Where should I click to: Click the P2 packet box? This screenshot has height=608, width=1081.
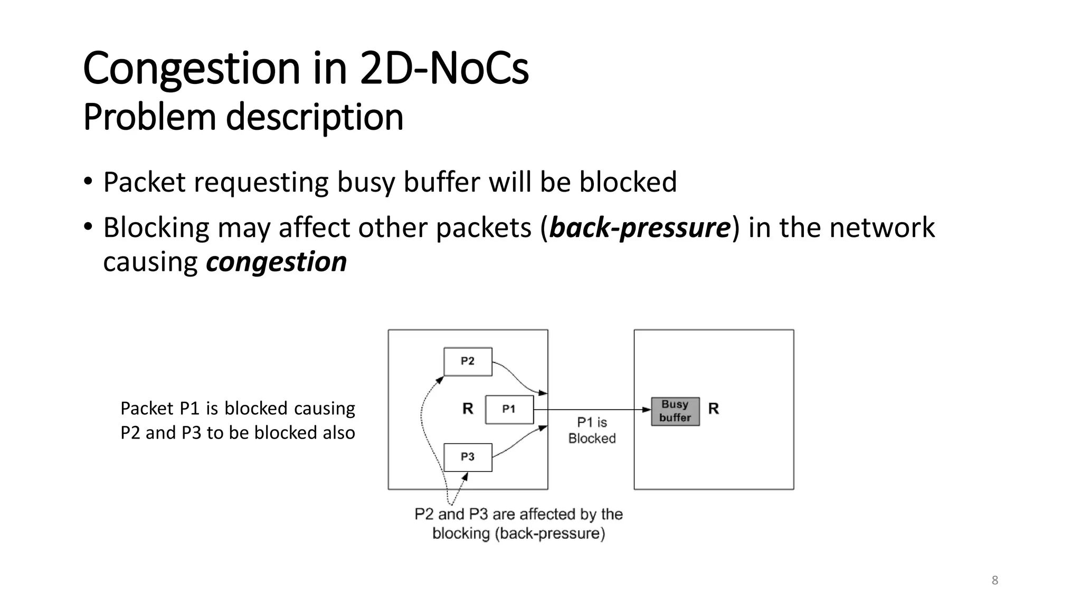click(468, 362)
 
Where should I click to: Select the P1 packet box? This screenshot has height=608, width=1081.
click(509, 409)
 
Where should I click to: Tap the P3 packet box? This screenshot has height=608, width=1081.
click(468, 457)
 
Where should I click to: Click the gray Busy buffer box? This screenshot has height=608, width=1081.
click(675, 411)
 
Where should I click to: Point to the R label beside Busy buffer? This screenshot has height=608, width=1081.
click(714, 408)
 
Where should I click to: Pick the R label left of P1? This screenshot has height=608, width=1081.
click(468, 408)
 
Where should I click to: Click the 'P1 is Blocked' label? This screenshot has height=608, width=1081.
click(592, 430)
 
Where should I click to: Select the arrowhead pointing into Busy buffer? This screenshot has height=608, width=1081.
click(647, 410)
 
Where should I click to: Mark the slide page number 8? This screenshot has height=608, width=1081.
click(995, 581)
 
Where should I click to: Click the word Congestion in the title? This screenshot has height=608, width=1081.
click(192, 69)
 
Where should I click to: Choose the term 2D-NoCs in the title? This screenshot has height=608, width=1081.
click(444, 69)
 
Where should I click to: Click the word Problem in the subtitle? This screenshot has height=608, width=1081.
click(149, 117)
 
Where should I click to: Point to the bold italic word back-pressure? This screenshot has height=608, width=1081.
click(640, 227)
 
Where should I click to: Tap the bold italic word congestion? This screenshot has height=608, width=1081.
click(276, 262)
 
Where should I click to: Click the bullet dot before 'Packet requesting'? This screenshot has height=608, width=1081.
click(88, 182)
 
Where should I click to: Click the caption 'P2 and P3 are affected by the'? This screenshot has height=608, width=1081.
click(518, 514)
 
